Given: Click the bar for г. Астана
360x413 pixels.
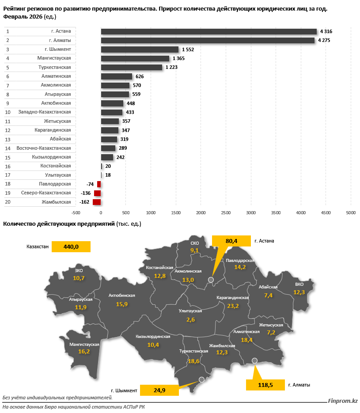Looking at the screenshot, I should coord(208,31).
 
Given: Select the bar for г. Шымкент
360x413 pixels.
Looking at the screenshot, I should coord(140,49).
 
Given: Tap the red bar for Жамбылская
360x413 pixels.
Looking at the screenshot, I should coord(97,202).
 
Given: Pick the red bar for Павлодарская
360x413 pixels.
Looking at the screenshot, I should coord(99,184).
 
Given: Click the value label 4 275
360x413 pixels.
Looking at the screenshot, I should coord(326,41).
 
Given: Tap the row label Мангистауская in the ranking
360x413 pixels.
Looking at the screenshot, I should coord(54,58).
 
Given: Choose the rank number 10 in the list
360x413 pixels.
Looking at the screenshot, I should coord(8,112).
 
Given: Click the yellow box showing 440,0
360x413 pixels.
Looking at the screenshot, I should coord(71,247).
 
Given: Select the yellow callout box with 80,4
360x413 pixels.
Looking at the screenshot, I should coord(231,241).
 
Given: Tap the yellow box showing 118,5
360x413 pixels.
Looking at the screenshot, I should coord(265,385).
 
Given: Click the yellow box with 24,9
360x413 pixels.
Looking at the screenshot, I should coord(159,390).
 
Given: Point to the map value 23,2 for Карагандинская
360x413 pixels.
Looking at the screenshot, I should coord(233,306).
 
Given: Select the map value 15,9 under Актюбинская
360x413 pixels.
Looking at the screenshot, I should coord(121,304).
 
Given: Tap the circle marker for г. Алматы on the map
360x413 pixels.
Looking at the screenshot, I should coord(254,361).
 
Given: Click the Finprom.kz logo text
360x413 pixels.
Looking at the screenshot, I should coord(343,401).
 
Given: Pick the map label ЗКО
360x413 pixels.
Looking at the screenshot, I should coord(79,271).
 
